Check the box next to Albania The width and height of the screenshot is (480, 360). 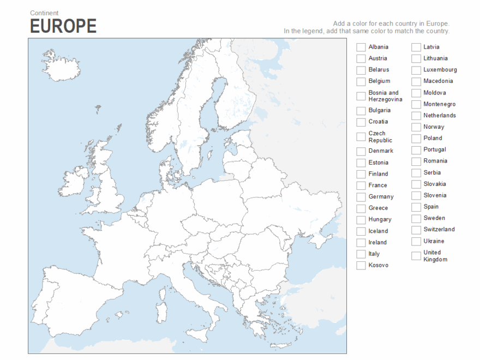tap(361, 47)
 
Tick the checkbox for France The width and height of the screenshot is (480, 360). tap(361, 185)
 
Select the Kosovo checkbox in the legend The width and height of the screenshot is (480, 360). tap(361, 266)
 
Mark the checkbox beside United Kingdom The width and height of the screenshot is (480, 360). tap(416, 256)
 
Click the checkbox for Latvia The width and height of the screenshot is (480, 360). tap(416, 47)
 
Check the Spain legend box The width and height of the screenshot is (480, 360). tap(416, 207)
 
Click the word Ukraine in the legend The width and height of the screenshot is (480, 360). tap(434, 241)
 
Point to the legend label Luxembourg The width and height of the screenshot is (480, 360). tap(440, 70)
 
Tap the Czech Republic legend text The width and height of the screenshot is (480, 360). tap(380, 137)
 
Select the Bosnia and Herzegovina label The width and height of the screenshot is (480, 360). tap(385, 96)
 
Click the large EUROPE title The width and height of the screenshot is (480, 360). tap(63, 26)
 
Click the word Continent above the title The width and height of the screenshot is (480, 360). tap(44, 13)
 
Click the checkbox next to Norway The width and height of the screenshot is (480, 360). tap(416, 127)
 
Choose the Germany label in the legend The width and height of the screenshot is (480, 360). tap(381, 197)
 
